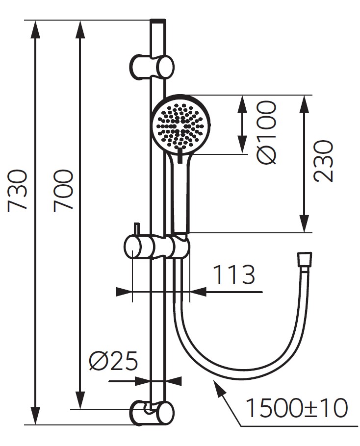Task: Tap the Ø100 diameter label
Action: (x=268, y=132)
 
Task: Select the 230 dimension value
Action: (x=324, y=161)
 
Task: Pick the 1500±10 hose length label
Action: (x=296, y=408)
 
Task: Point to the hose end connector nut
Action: (x=306, y=260)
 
